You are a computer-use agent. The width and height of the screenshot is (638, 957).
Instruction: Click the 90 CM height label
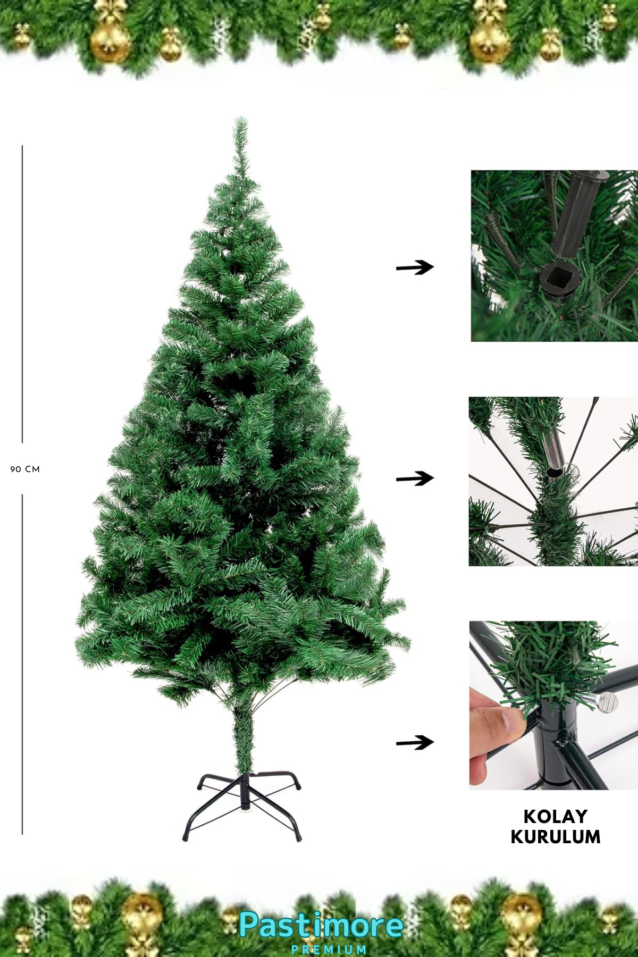25,469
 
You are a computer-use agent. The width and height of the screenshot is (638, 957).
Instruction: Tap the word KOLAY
556,816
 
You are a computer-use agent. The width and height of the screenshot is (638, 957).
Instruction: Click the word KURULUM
556,837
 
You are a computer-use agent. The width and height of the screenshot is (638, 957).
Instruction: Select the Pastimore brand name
321,926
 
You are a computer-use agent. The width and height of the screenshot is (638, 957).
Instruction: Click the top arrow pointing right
415,267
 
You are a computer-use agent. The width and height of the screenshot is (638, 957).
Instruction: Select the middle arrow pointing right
415,478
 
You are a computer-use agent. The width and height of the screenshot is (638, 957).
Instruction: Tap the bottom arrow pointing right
415,742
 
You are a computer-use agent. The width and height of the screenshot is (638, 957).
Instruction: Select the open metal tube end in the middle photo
554,472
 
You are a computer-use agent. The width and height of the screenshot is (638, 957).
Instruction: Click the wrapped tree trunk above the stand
245,739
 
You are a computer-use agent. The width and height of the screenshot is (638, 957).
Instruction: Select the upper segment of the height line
22,294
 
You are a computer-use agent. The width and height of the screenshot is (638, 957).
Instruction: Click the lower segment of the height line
22,664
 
